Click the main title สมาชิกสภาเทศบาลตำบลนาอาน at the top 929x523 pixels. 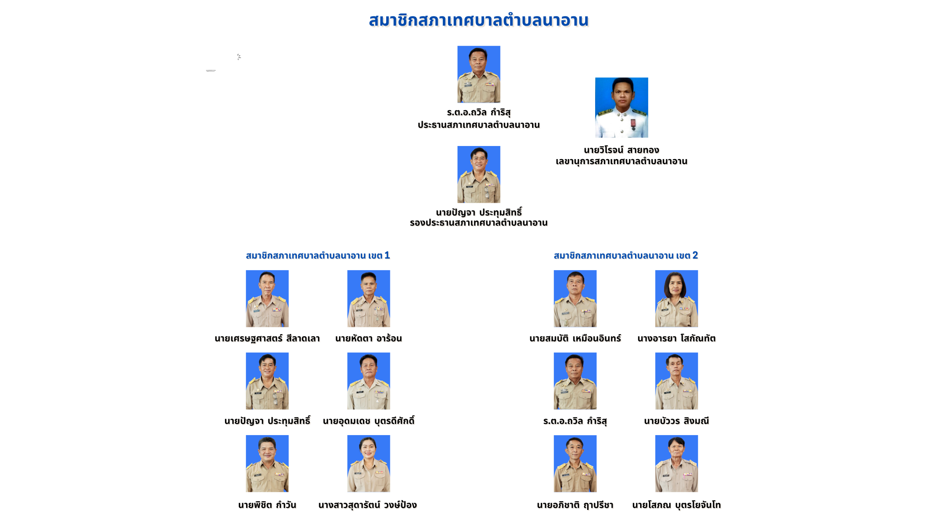(x=478, y=20)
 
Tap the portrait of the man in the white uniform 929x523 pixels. (x=621, y=108)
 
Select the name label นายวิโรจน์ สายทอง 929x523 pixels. (x=621, y=150)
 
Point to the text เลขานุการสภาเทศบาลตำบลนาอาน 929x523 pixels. (x=621, y=161)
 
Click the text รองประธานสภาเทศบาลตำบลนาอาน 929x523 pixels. (x=479, y=223)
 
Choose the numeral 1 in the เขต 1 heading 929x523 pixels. (x=387, y=255)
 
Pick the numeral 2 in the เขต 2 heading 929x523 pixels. (x=695, y=255)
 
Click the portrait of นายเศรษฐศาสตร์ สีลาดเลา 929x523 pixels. (x=267, y=299)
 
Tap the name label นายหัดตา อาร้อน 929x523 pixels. (x=368, y=338)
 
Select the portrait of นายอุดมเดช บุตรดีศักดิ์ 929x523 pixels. (x=368, y=381)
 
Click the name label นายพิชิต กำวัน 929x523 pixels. (x=267, y=505)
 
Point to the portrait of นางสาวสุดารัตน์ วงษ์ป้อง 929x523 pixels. (x=368, y=464)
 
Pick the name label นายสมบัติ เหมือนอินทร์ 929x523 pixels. (x=575, y=338)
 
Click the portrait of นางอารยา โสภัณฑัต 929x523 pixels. (x=676, y=299)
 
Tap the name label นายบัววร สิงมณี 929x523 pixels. (x=676, y=421)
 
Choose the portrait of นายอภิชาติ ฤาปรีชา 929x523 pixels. (x=575, y=464)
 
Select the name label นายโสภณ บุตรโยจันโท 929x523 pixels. (x=676, y=505)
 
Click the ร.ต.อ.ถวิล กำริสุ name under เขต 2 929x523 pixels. (x=575, y=421)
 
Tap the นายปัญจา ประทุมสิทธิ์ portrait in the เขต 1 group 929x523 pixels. (x=267, y=381)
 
